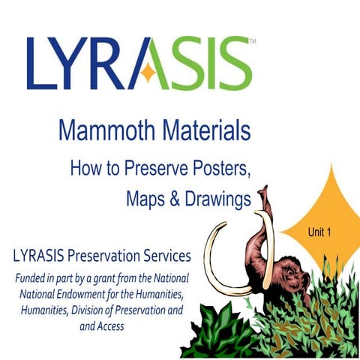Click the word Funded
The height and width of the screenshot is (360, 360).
pos(33,278)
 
